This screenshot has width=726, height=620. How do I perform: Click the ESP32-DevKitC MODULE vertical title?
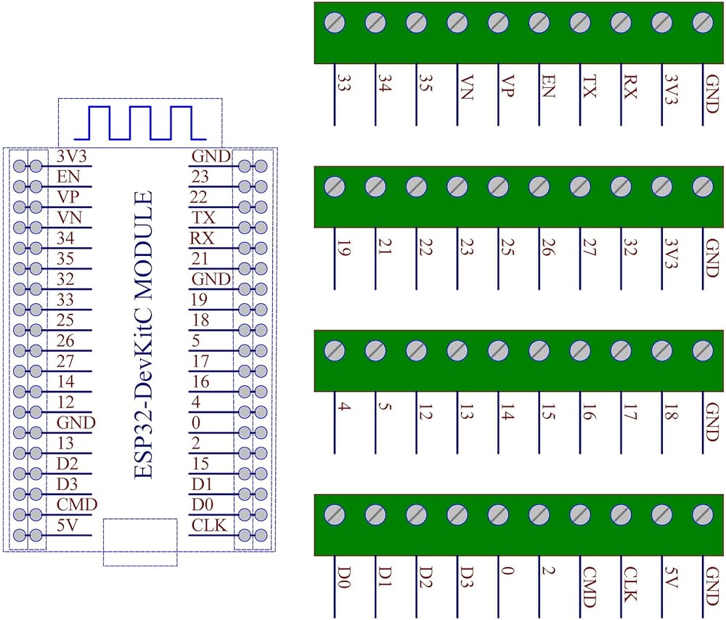[144, 334]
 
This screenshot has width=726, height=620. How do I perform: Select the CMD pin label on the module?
[77, 504]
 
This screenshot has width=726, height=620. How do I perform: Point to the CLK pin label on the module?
[209, 525]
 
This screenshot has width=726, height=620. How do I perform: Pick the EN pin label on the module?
[68, 176]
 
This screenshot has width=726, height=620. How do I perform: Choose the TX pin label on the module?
[204, 217]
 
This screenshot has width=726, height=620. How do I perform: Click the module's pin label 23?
[200, 176]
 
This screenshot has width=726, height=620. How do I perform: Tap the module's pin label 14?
[68, 381]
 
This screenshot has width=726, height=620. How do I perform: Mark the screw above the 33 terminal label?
[335, 23]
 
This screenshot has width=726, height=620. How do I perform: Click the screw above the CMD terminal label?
[579, 515]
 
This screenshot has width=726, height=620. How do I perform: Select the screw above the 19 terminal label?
[335, 186]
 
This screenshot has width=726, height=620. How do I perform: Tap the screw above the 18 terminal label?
[661, 351]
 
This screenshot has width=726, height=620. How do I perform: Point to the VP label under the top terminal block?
[507, 87]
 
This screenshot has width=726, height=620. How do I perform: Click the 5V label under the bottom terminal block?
[670, 579]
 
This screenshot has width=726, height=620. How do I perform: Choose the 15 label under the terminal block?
[548, 415]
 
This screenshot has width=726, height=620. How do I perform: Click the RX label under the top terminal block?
[629, 87]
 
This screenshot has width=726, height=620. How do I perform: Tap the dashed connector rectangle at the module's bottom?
[140, 542]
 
